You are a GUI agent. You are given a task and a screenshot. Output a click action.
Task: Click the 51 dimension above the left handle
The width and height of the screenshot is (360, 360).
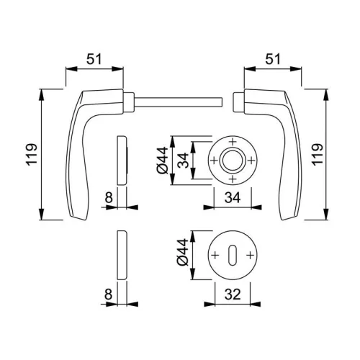pos(94,59)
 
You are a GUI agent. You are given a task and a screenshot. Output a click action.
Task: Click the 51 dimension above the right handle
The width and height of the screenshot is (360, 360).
pos(273,59)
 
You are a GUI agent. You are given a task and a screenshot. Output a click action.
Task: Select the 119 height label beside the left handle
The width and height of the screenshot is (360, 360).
pos(32,154)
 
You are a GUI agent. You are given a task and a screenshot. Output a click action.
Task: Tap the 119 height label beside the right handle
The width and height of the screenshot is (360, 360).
pos(318,154)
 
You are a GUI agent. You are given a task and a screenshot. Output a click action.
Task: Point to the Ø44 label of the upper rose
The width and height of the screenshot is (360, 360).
pos(163,160)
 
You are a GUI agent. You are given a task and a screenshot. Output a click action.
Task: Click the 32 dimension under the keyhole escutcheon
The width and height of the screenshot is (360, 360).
pos(233,294)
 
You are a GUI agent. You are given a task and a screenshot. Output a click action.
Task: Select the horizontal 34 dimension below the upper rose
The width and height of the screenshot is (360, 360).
pos(233,198)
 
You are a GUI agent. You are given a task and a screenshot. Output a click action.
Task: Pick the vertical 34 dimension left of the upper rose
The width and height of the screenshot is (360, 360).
pos(184,160)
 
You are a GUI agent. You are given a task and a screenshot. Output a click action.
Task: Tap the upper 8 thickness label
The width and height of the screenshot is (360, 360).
pos(109,198)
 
